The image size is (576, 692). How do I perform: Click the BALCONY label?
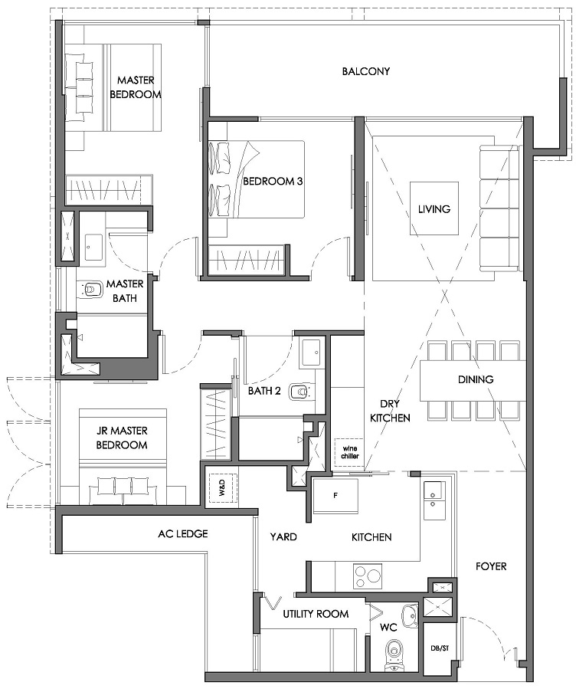366,71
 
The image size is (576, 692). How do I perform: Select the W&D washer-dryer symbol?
222,489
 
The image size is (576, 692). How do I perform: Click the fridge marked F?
335,496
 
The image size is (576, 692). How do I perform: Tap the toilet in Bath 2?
300,392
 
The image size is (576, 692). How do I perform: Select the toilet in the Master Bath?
90,289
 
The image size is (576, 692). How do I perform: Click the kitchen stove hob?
368,576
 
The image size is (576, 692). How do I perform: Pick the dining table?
473,380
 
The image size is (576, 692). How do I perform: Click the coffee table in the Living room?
434,208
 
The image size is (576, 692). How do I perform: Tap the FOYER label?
491,566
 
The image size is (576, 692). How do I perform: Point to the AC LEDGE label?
182,533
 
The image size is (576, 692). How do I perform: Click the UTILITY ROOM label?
316,614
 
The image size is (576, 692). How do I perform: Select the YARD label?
283,536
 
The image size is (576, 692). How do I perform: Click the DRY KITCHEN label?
390,411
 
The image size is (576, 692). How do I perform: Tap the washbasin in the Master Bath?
93,247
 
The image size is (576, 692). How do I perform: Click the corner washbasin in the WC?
410,615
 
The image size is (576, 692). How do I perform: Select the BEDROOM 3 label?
273,181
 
